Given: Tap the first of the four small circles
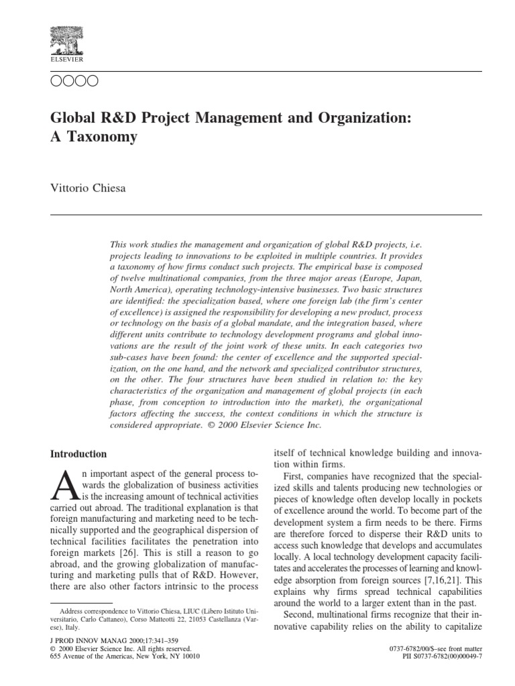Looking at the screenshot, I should (x=57, y=82).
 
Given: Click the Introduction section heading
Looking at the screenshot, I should (x=78, y=454).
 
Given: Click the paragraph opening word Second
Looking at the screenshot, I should (x=302, y=614).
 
